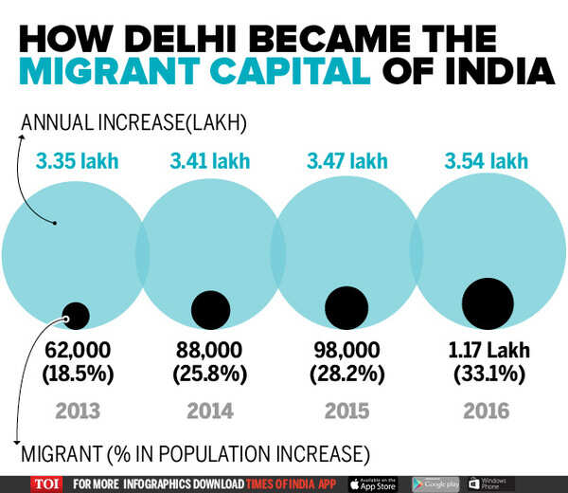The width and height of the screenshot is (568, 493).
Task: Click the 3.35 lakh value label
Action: click(x=78, y=161)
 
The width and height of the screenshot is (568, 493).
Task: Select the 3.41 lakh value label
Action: click(x=209, y=161)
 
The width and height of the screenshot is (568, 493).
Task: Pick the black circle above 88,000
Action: click(x=210, y=309)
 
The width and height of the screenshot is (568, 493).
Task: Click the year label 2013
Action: click(x=78, y=411)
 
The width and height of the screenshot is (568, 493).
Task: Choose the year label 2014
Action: click(x=209, y=411)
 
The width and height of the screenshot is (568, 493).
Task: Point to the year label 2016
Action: click(x=487, y=411)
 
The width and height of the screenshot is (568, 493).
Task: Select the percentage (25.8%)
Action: click(x=209, y=374)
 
